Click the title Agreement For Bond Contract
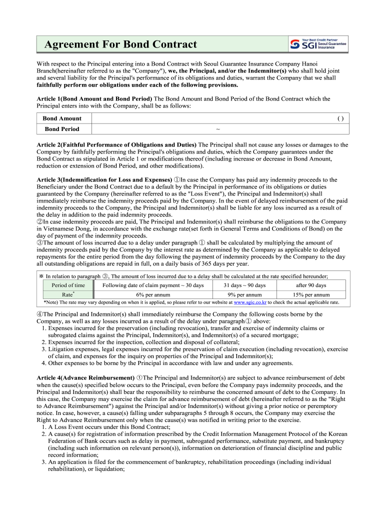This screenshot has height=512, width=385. (x=120, y=45)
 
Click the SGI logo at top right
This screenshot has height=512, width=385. (x=318, y=44)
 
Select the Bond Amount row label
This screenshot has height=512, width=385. (x=62, y=118)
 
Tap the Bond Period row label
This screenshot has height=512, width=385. (x=62, y=129)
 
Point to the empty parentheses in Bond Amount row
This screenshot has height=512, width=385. (x=340, y=118)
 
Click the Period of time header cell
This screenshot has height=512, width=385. (x=68, y=285)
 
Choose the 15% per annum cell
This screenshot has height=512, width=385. (x=311, y=294)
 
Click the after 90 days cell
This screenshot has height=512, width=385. (x=311, y=285)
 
